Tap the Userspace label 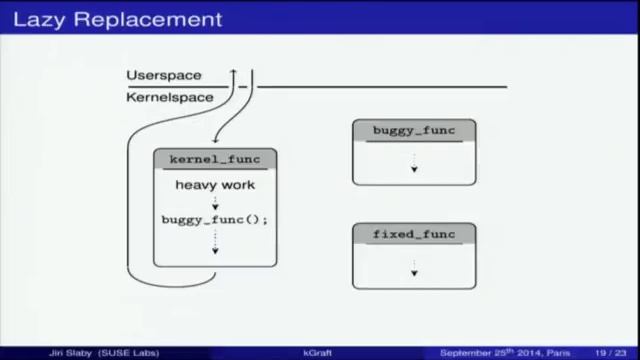point(163,76)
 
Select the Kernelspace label point(170,97)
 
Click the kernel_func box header point(214,159)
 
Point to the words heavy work point(215,185)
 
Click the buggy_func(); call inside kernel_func point(215,220)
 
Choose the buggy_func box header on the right point(413,131)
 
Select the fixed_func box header point(413,235)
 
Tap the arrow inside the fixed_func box point(413,268)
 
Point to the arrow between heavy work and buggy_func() point(215,202)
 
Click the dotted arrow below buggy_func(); point(214,242)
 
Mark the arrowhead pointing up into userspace point(233,72)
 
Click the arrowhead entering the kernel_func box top point(213,142)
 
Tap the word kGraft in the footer point(317,353)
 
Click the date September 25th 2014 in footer point(490,353)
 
